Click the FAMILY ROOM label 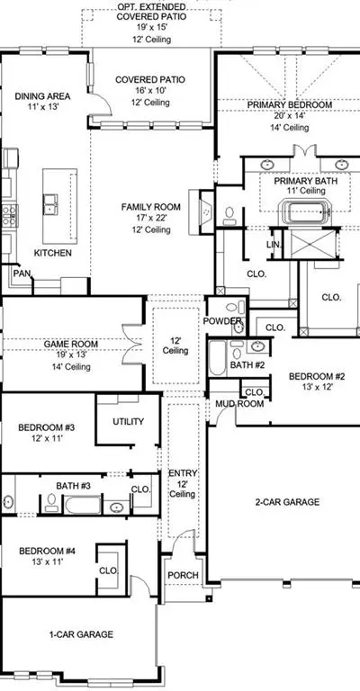click(151, 207)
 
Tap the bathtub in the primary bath click(307, 212)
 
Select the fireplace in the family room click(202, 212)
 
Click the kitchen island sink click(50, 204)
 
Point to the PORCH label click(183, 575)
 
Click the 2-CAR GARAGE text click(287, 501)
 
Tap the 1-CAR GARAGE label click(81, 634)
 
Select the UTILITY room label click(128, 421)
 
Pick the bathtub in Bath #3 click(83, 505)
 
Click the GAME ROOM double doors click(131, 344)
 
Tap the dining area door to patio click(100, 103)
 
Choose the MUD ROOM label click(239, 404)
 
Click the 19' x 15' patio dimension click(151, 28)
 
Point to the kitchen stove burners click(9, 216)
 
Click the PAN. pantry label click(22, 274)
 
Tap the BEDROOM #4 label click(47, 551)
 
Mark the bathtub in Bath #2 click(217, 358)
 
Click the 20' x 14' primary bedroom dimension click(289, 116)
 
